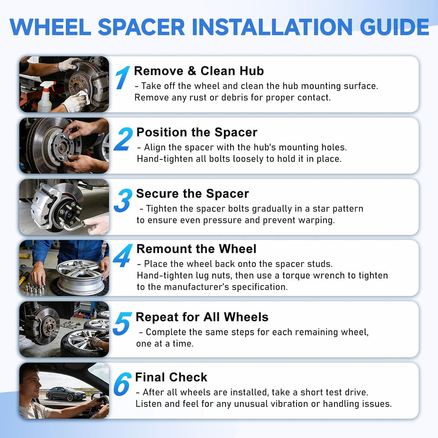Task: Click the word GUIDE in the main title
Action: pyautogui.click(x=394, y=27)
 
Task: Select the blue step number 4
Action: pyautogui.click(x=122, y=255)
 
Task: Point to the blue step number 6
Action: pyautogui.click(x=122, y=384)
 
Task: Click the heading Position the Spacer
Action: pyautogui.click(x=197, y=132)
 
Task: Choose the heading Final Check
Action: pyautogui.click(x=171, y=377)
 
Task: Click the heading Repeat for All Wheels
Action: pyautogui.click(x=202, y=317)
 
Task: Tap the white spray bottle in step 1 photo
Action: pyautogui.click(x=45, y=96)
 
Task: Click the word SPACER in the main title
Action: pyautogui.click(x=141, y=27)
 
